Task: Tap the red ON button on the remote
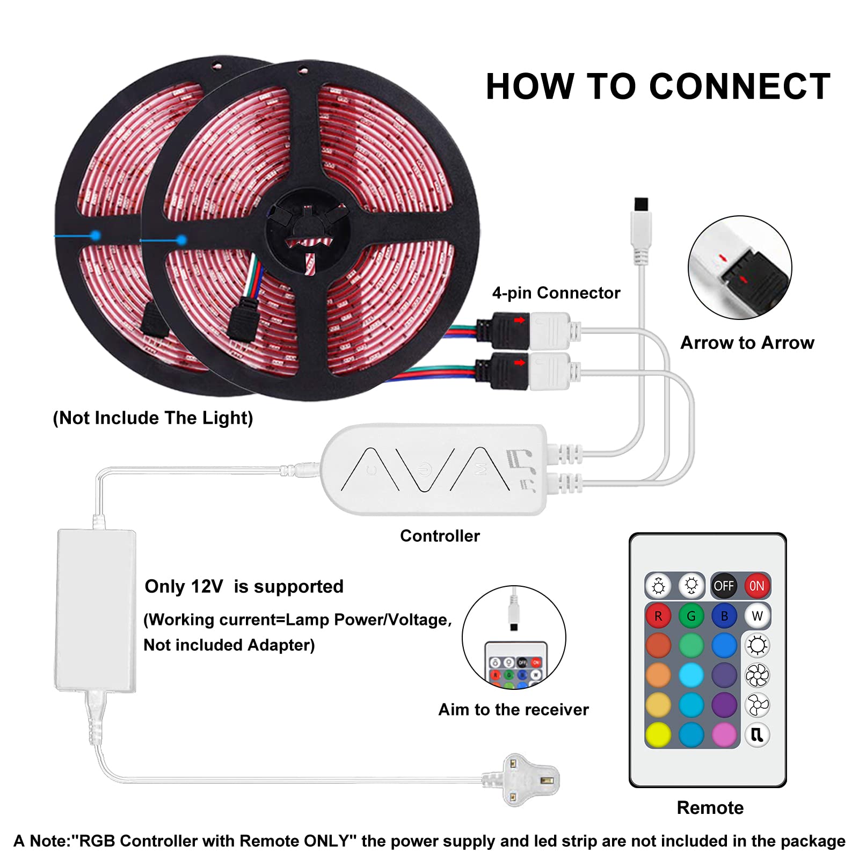pyautogui.click(x=756, y=586)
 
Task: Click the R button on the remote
pyautogui.click(x=658, y=616)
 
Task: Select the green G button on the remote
pyautogui.click(x=691, y=616)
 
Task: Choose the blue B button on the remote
pyautogui.click(x=724, y=616)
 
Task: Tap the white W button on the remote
pyautogui.click(x=757, y=616)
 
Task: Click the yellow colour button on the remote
pyautogui.click(x=658, y=734)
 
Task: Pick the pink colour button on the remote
pyautogui.click(x=724, y=734)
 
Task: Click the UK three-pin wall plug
pyautogui.click(x=521, y=779)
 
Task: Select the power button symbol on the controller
pyautogui.click(x=425, y=469)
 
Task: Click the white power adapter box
pyautogui.click(x=96, y=610)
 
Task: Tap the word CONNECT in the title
pyautogui.click(x=740, y=86)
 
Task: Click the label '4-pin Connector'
pyautogui.click(x=556, y=293)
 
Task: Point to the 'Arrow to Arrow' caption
pyautogui.click(x=747, y=343)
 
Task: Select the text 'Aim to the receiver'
pyautogui.click(x=514, y=709)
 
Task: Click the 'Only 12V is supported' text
pyautogui.click(x=244, y=586)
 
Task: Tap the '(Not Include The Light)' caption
pyautogui.click(x=153, y=418)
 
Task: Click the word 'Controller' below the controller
pyautogui.click(x=440, y=535)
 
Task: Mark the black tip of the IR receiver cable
pyautogui.click(x=641, y=204)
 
